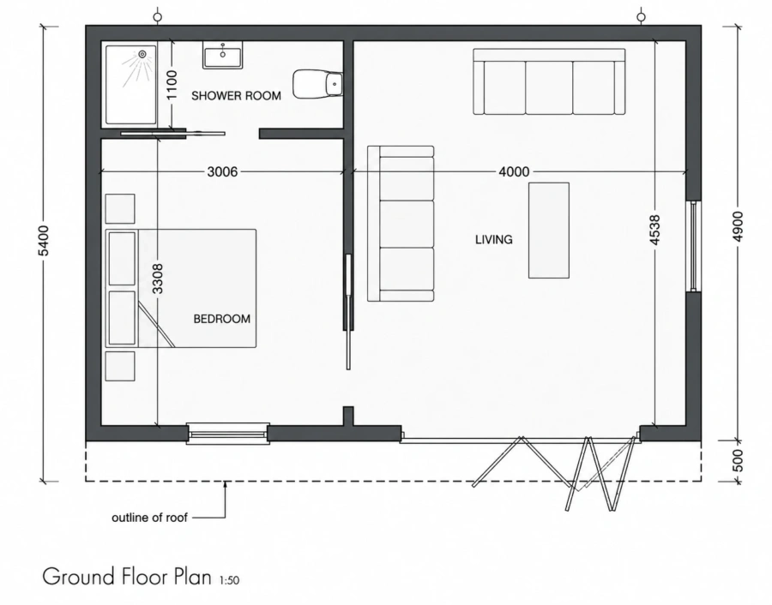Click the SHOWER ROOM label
pyautogui.click(x=237, y=95)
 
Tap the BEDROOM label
pyautogui.click(x=221, y=319)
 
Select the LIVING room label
pyautogui.click(x=494, y=240)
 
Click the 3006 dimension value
pyautogui.click(x=222, y=171)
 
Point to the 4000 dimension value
pyautogui.click(x=514, y=171)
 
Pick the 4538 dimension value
pyautogui.click(x=654, y=230)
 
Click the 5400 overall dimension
pyautogui.click(x=44, y=241)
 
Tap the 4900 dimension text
pyautogui.click(x=738, y=226)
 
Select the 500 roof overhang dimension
pyautogui.click(x=738, y=460)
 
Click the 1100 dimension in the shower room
pyautogui.click(x=172, y=85)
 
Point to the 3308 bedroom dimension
pyautogui.click(x=158, y=279)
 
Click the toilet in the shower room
pyautogui.click(x=318, y=84)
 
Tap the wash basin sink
pyautogui.click(x=222, y=55)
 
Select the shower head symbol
pyautogui.click(x=142, y=54)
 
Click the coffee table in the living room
pyautogui.click(x=549, y=231)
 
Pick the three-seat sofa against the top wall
pyautogui.click(x=549, y=81)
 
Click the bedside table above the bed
pyautogui.click(x=120, y=208)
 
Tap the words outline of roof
pyautogui.click(x=149, y=518)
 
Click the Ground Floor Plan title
pyautogui.click(x=127, y=577)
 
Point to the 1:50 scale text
pyautogui.click(x=229, y=580)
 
